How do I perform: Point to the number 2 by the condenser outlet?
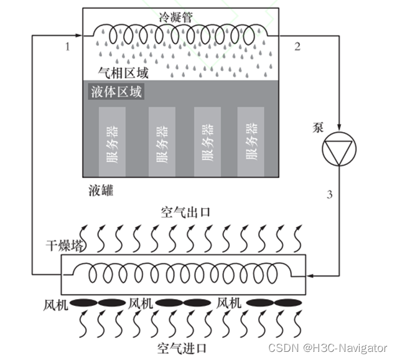point(297,46)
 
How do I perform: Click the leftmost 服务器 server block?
point(112,141)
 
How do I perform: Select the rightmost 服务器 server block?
point(251,141)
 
